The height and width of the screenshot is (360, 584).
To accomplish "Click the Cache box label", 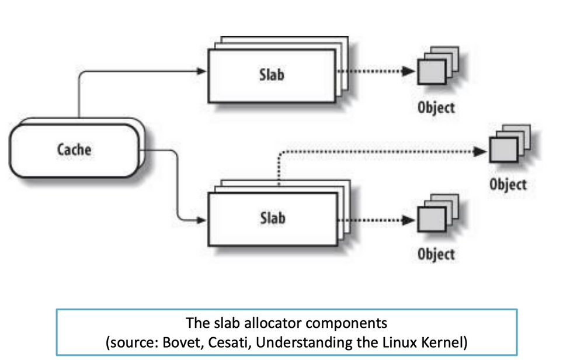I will (74, 149).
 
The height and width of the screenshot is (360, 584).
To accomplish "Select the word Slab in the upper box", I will (272, 75).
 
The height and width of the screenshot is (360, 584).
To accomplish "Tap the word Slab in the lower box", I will (272, 218).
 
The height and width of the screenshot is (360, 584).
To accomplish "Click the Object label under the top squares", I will (436, 108).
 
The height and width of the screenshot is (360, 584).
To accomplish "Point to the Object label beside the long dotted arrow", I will (507, 184).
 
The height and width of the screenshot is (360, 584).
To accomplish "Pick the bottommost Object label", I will (436, 254).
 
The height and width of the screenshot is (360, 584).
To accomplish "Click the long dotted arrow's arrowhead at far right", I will (481, 151).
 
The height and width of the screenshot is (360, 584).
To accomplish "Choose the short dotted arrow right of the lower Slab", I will (374, 221).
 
